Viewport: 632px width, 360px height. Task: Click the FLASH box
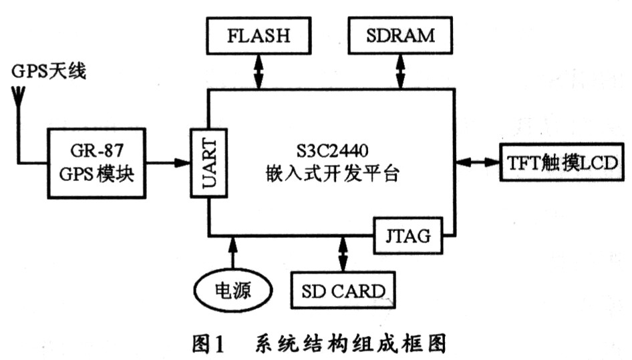point(259,35)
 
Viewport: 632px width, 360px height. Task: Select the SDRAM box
point(400,35)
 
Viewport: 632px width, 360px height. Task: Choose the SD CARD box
point(343,291)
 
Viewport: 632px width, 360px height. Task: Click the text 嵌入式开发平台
point(333,175)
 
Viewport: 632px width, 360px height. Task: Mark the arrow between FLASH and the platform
point(259,71)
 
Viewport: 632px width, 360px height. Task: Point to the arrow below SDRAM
point(400,71)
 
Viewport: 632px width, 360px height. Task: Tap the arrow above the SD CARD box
point(343,254)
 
